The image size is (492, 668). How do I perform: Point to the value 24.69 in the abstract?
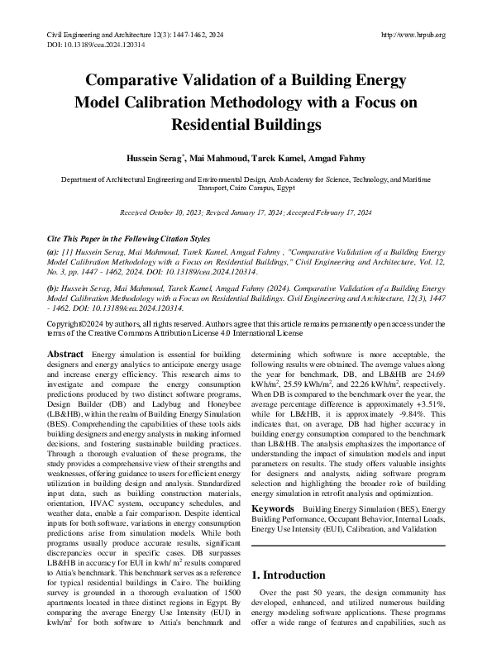click(x=434, y=398)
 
